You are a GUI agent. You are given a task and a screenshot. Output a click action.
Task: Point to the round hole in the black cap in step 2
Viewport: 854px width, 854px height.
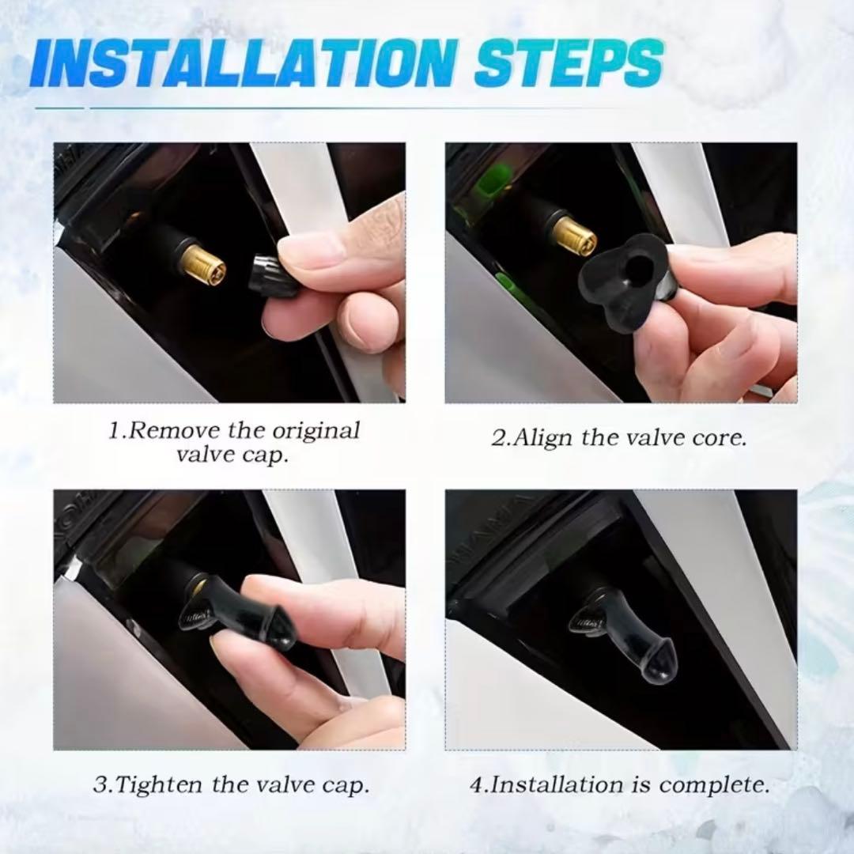pyautogui.click(x=641, y=267)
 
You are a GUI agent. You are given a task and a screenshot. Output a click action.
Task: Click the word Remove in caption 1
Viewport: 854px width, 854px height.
pyautogui.click(x=174, y=431)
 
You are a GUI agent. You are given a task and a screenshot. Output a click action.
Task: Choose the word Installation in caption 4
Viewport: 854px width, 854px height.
pyautogui.click(x=557, y=784)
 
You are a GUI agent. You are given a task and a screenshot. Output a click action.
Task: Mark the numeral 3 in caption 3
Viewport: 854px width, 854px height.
pyautogui.click(x=100, y=785)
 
